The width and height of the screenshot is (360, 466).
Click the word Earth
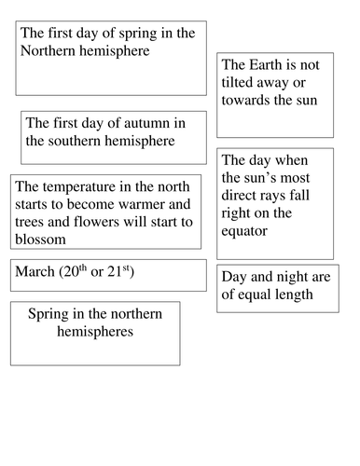(273, 66)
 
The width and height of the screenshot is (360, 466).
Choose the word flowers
(104, 222)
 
